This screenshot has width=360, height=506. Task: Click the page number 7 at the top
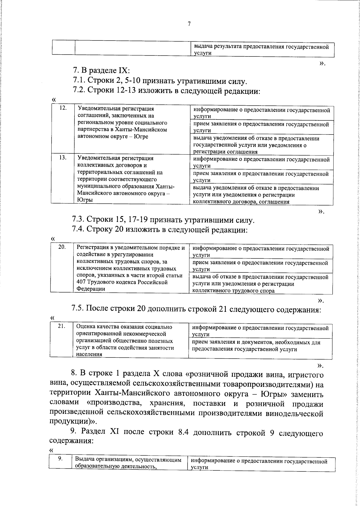click(189, 24)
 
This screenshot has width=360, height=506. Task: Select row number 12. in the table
click(63, 108)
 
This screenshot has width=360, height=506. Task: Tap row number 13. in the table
click(63, 158)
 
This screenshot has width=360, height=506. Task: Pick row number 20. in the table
click(62, 247)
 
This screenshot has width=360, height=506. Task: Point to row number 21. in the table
click(61, 327)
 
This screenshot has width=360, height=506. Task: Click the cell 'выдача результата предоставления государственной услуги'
click(261, 50)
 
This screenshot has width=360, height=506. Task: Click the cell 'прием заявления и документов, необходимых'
click(256, 346)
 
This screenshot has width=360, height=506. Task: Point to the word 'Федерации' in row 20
click(91, 289)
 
